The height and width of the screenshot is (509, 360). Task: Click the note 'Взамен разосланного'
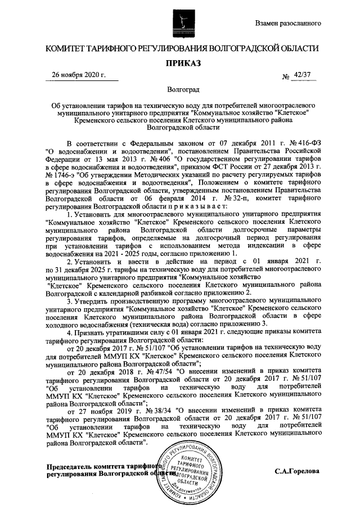point(288,24)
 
